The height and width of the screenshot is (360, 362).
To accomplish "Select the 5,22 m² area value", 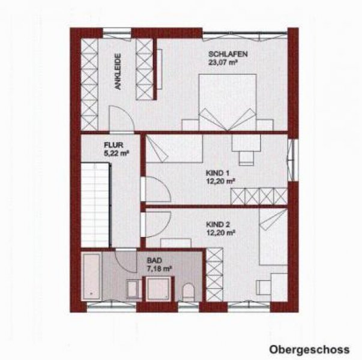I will click(x=116, y=152).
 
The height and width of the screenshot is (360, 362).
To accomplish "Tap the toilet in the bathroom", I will click(x=187, y=292).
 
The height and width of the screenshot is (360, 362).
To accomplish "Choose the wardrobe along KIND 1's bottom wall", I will click(x=261, y=196).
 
